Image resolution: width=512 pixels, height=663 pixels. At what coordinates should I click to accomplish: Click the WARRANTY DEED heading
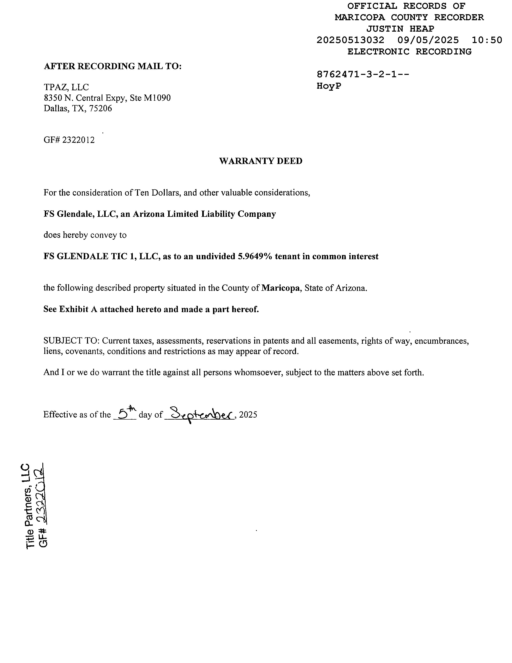tap(261, 161)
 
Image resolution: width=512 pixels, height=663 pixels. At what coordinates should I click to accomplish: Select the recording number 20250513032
tap(350, 40)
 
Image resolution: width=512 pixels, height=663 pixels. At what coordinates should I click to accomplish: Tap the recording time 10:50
tap(487, 40)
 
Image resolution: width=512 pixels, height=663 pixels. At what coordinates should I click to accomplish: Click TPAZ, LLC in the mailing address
tap(66, 87)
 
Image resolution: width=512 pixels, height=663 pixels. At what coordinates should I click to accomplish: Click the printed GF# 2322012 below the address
tap(69, 140)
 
